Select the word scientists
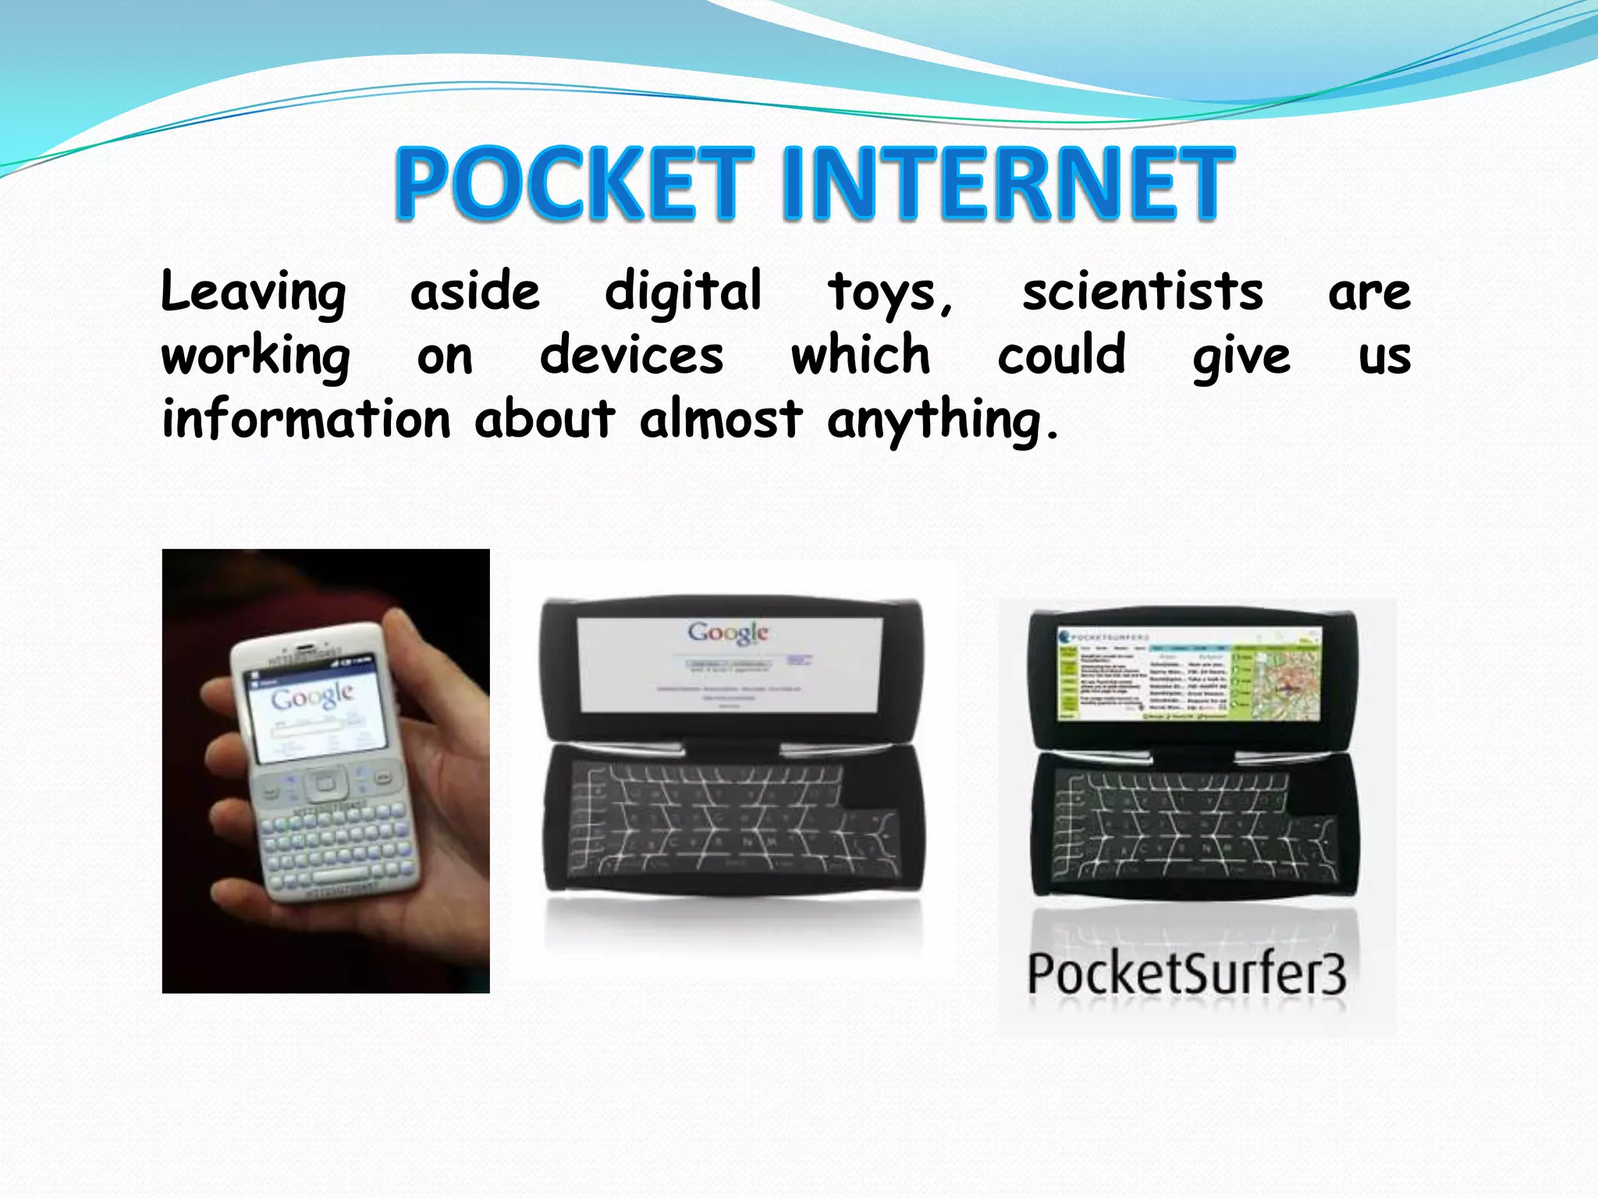pyautogui.click(x=1142, y=292)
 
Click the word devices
pyautogui.click(x=632, y=356)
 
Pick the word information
pyautogui.click(x=306, y=419)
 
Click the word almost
pyautogui.click(x=720, y=419)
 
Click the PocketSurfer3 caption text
pyautogui.click(x=1186, y=973)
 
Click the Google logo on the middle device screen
pyautogui.click(x=728, y=632)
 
